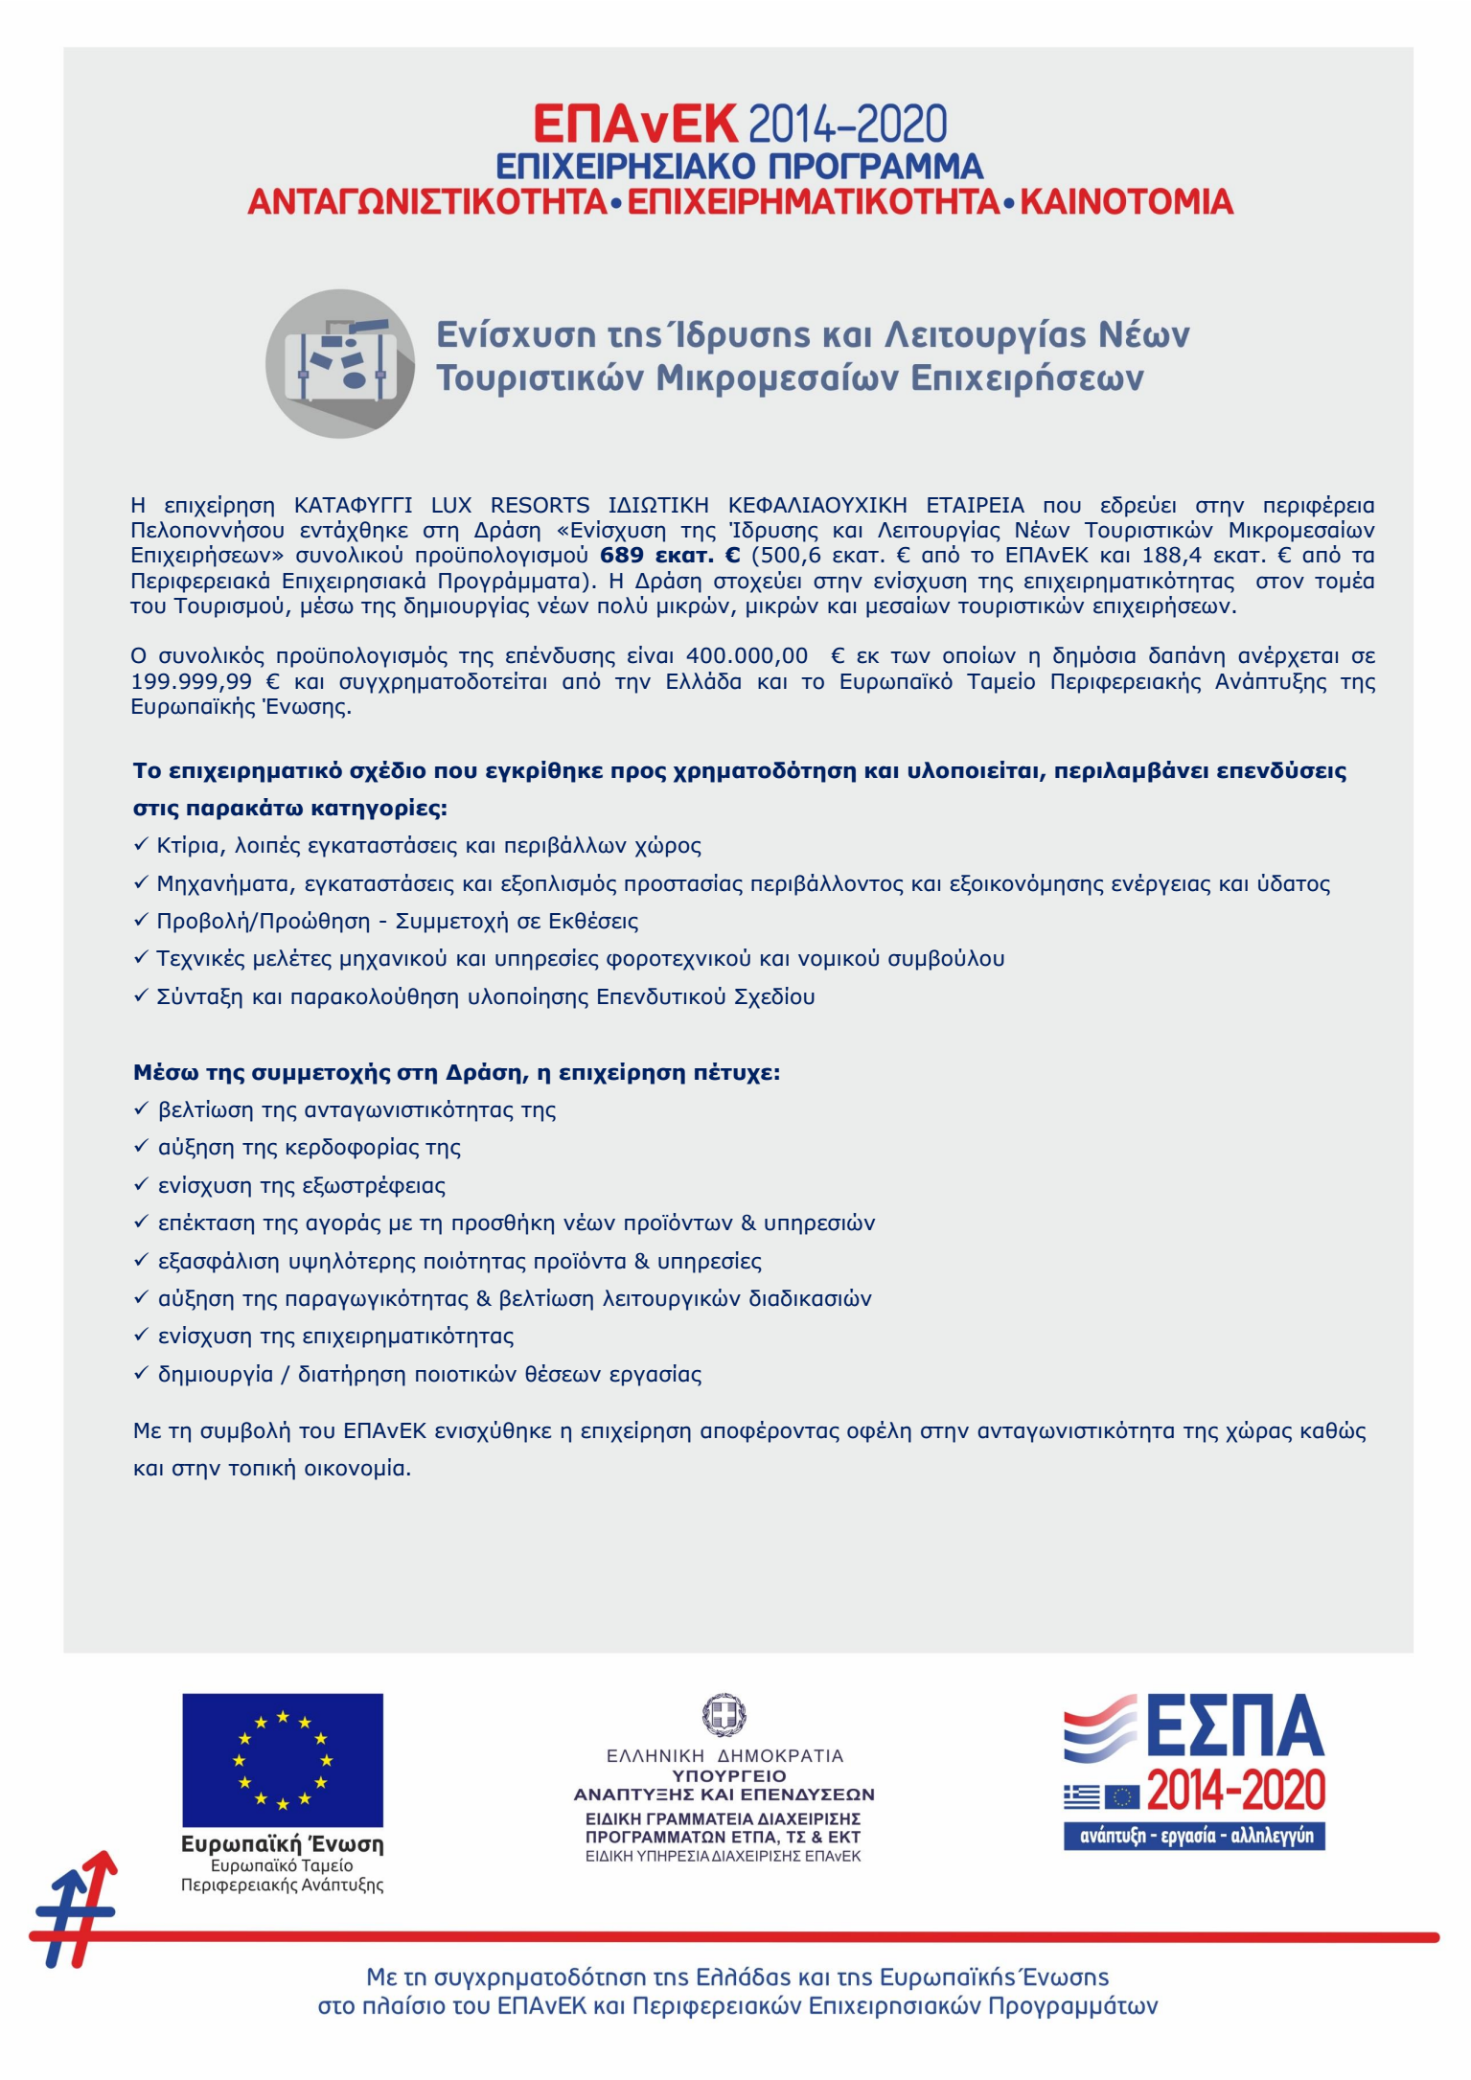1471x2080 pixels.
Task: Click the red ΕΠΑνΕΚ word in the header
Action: click(635, 125)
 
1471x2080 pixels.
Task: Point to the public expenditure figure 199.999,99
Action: click(192, 682)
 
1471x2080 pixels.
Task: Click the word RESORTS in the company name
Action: click(540, 506)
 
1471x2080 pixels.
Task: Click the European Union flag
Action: click(283, 1760)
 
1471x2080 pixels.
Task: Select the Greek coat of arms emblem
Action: click(724, 1714)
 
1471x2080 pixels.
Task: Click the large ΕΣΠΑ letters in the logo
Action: click(1234, 1726)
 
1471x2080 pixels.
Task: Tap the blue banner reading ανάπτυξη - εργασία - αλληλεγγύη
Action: click(1194, 1837)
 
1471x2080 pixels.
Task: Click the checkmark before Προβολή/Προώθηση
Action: click(141, 921)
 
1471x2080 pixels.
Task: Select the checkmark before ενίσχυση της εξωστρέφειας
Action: click(141, 1185)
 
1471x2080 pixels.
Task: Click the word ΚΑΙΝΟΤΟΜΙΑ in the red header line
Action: click(1126, 202)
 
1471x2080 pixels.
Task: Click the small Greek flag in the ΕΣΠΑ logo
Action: click(1081, 1796)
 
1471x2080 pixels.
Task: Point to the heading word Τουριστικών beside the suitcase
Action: click(540, 378)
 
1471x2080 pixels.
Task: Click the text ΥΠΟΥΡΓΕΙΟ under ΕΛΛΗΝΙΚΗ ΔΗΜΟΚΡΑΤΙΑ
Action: click(724, 1775)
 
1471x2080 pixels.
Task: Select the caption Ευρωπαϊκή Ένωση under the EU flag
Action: click(283, 1844)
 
